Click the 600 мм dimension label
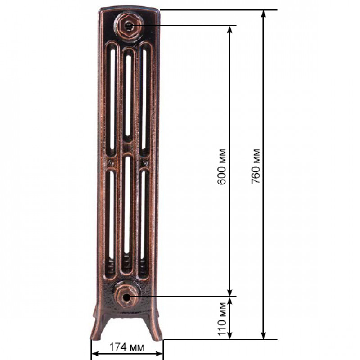point(221,166)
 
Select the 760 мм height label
point(256,166)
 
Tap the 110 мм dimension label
point(222,319)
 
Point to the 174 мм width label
point(127,347)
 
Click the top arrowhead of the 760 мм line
point(264,14)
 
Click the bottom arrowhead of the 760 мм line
point(264,335)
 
